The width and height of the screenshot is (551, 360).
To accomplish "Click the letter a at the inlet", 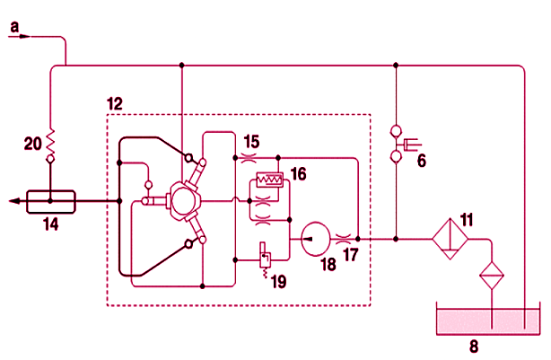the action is (x=14, y=27).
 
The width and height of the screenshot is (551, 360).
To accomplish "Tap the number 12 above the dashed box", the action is (x=115, y=104).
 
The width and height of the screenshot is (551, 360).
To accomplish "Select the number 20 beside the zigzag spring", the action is (x=32, y=144).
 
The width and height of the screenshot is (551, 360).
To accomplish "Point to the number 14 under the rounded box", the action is (x=51, y=224).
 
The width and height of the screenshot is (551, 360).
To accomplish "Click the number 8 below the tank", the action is (x=474, y=347).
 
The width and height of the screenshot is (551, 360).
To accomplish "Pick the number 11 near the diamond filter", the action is (x=467, y=220).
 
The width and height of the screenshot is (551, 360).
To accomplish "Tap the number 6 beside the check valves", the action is (x=422, y=161).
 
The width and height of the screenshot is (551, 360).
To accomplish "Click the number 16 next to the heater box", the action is (x=298, y=174).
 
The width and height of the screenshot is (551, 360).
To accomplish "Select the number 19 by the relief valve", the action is (x=279, y=282).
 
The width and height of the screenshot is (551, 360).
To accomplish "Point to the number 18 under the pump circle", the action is (x=328, y=264).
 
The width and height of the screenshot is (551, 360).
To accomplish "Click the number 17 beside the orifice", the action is (x=350, y=255).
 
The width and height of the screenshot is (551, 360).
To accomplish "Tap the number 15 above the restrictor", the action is (x=251, y=142).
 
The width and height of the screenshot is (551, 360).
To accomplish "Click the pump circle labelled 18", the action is (x=316, y=239).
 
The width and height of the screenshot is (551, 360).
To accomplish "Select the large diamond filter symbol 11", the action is (x=450, y=239).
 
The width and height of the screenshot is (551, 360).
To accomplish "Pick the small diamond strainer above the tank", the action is (x=492, y=276).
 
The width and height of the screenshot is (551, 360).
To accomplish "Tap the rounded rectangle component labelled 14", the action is (x=51, y=201).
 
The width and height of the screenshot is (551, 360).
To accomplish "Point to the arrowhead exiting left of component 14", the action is (x=14, y=201).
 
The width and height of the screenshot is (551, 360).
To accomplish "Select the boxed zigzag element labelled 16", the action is (x=270, y=180).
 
